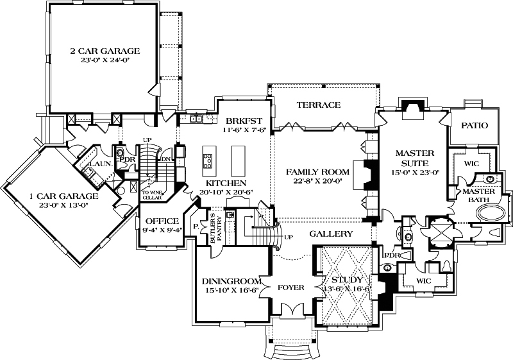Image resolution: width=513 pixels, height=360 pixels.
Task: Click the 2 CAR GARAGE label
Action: [x=105, y=50]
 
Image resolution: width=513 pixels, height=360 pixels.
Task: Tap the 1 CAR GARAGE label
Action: [x=55, y=196]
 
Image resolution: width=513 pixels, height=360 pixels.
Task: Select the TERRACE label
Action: [x=318, y=105]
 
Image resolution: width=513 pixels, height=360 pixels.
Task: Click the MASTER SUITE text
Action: [x=415, y=159]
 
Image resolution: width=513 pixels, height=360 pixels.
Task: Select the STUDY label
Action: [x=347, y=280]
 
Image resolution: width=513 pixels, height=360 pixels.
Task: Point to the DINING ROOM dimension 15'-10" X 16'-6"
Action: [x=230, y=291]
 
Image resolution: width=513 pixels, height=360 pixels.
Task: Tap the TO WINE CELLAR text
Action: [x=153, y=195]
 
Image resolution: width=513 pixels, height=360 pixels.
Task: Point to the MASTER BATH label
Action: [x=478, y=196]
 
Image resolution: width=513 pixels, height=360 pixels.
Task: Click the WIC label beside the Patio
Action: [x=471, y=164]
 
